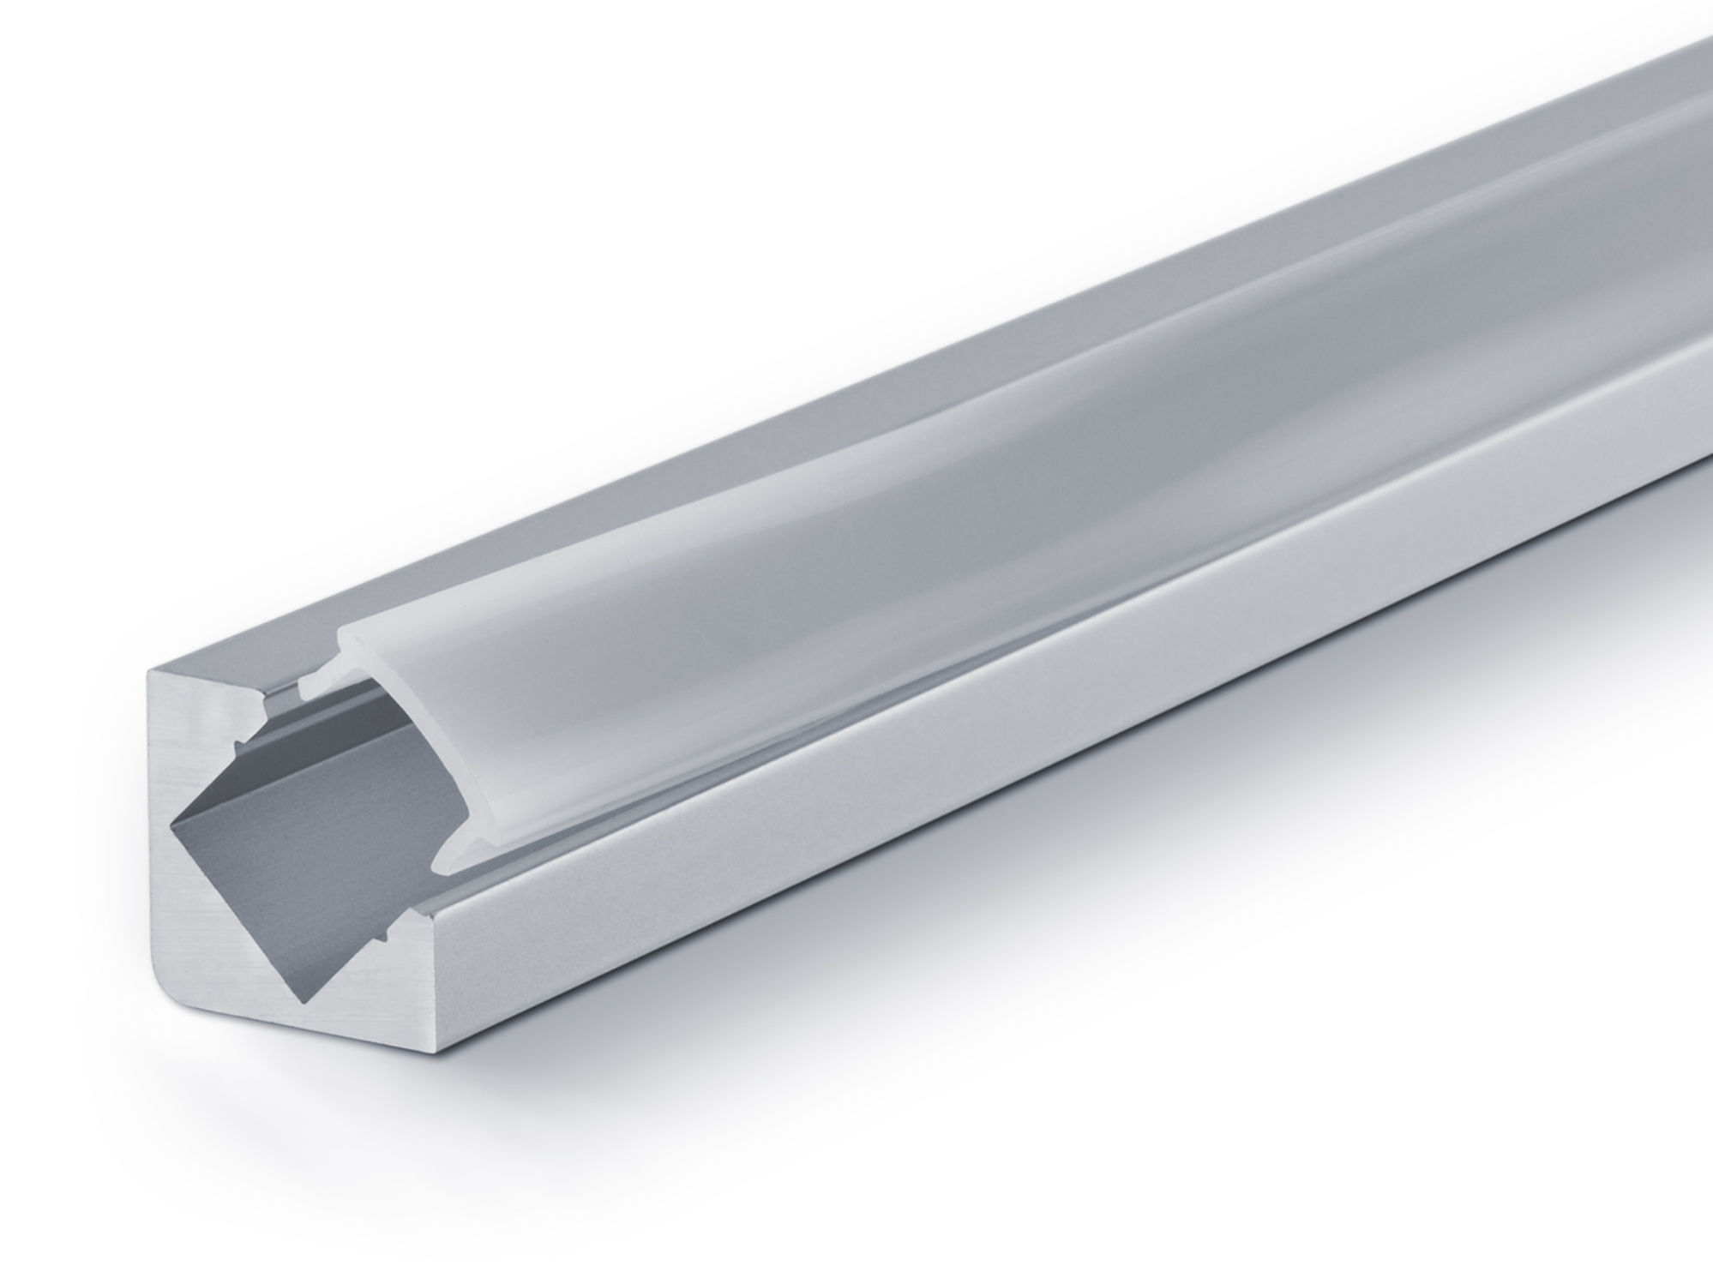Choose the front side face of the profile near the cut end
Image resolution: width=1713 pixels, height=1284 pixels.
click(686, 857)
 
